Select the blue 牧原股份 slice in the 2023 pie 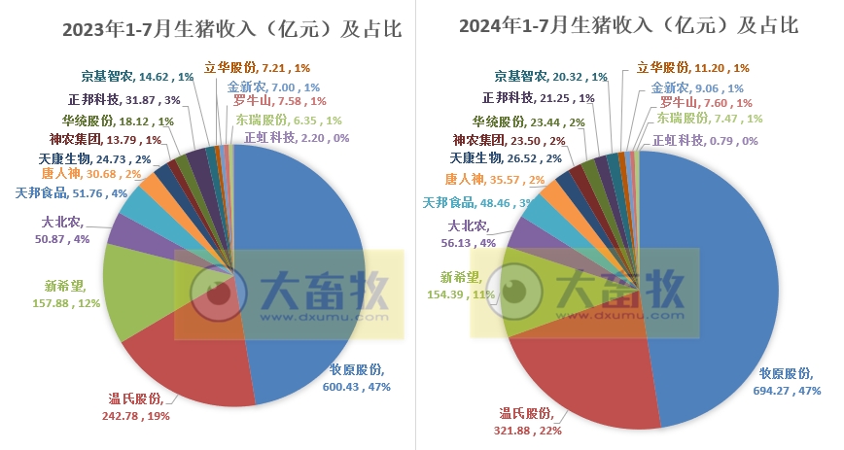pyautogui.click(x=301, y=262)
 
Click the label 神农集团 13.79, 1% pyautogui.click(x=98, y=140)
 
